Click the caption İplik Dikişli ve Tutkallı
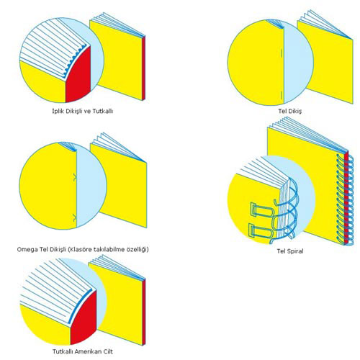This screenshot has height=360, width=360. click(83, 112)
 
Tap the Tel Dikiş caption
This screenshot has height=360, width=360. click(290, 112)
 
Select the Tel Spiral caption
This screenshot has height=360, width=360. click(290, 251)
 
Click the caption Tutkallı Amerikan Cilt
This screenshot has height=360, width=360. click(83, 351)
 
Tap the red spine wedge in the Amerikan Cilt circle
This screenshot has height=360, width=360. click(84, 318)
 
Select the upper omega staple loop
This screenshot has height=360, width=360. click(76, 177)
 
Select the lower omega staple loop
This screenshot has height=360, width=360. click(76, 217)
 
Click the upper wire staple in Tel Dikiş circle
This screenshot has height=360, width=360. click(282, 55)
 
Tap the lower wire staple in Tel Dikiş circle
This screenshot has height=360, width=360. click(282, 95)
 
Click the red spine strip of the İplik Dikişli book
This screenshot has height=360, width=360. click(143, 68)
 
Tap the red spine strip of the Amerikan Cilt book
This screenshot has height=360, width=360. click(144, 312)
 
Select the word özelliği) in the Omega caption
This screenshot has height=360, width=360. click(138, 250)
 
